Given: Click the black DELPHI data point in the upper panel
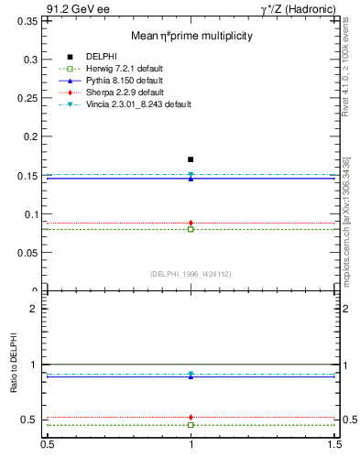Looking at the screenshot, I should pyautogui.click(x=191, y=159).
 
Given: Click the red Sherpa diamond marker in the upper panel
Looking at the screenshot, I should pyautogui.click(x=191, y=223).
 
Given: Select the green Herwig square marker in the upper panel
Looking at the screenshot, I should pyautogui.click(x=191, y=229).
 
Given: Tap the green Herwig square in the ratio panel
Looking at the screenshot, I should pyautogui.click(x=191, y=425).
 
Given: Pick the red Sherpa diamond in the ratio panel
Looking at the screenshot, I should pyautogui.click(x=191, y=417).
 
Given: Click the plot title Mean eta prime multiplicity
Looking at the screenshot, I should pyautogui.click(x=191, y=36).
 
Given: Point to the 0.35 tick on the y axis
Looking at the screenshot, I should pyautogui.click(x=30, y=20).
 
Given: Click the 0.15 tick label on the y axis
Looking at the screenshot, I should pyautogui.click(x=30, y=175).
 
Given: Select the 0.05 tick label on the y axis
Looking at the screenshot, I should pyautogui.click(x=30, y=253).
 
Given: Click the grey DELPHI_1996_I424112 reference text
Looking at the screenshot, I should pyautogui.click(x=191, y=273).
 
